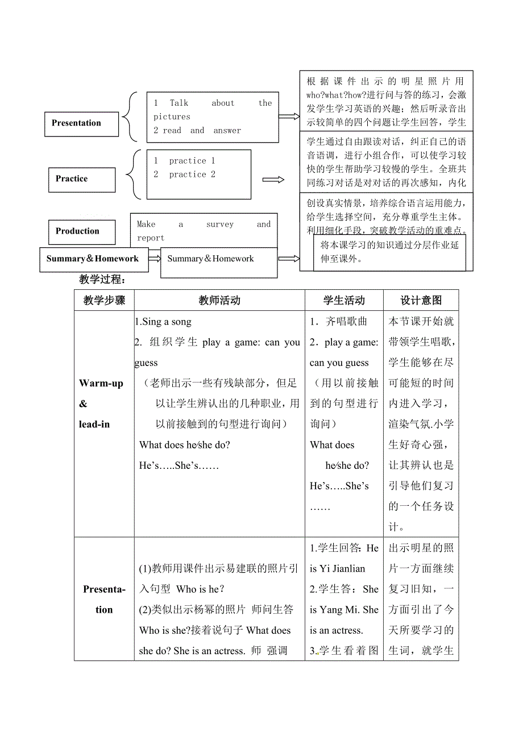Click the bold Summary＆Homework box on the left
point(93,259)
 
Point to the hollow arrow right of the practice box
point(273,180)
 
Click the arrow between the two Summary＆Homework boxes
point(154,259)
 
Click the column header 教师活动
point(219,301)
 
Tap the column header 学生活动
point(344,301)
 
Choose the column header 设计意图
point(421,301)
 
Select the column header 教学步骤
point(104,301)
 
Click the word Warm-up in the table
point(101,384)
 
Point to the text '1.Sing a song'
point(163,322)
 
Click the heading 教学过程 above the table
point(102,280)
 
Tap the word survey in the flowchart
point(220,225)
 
